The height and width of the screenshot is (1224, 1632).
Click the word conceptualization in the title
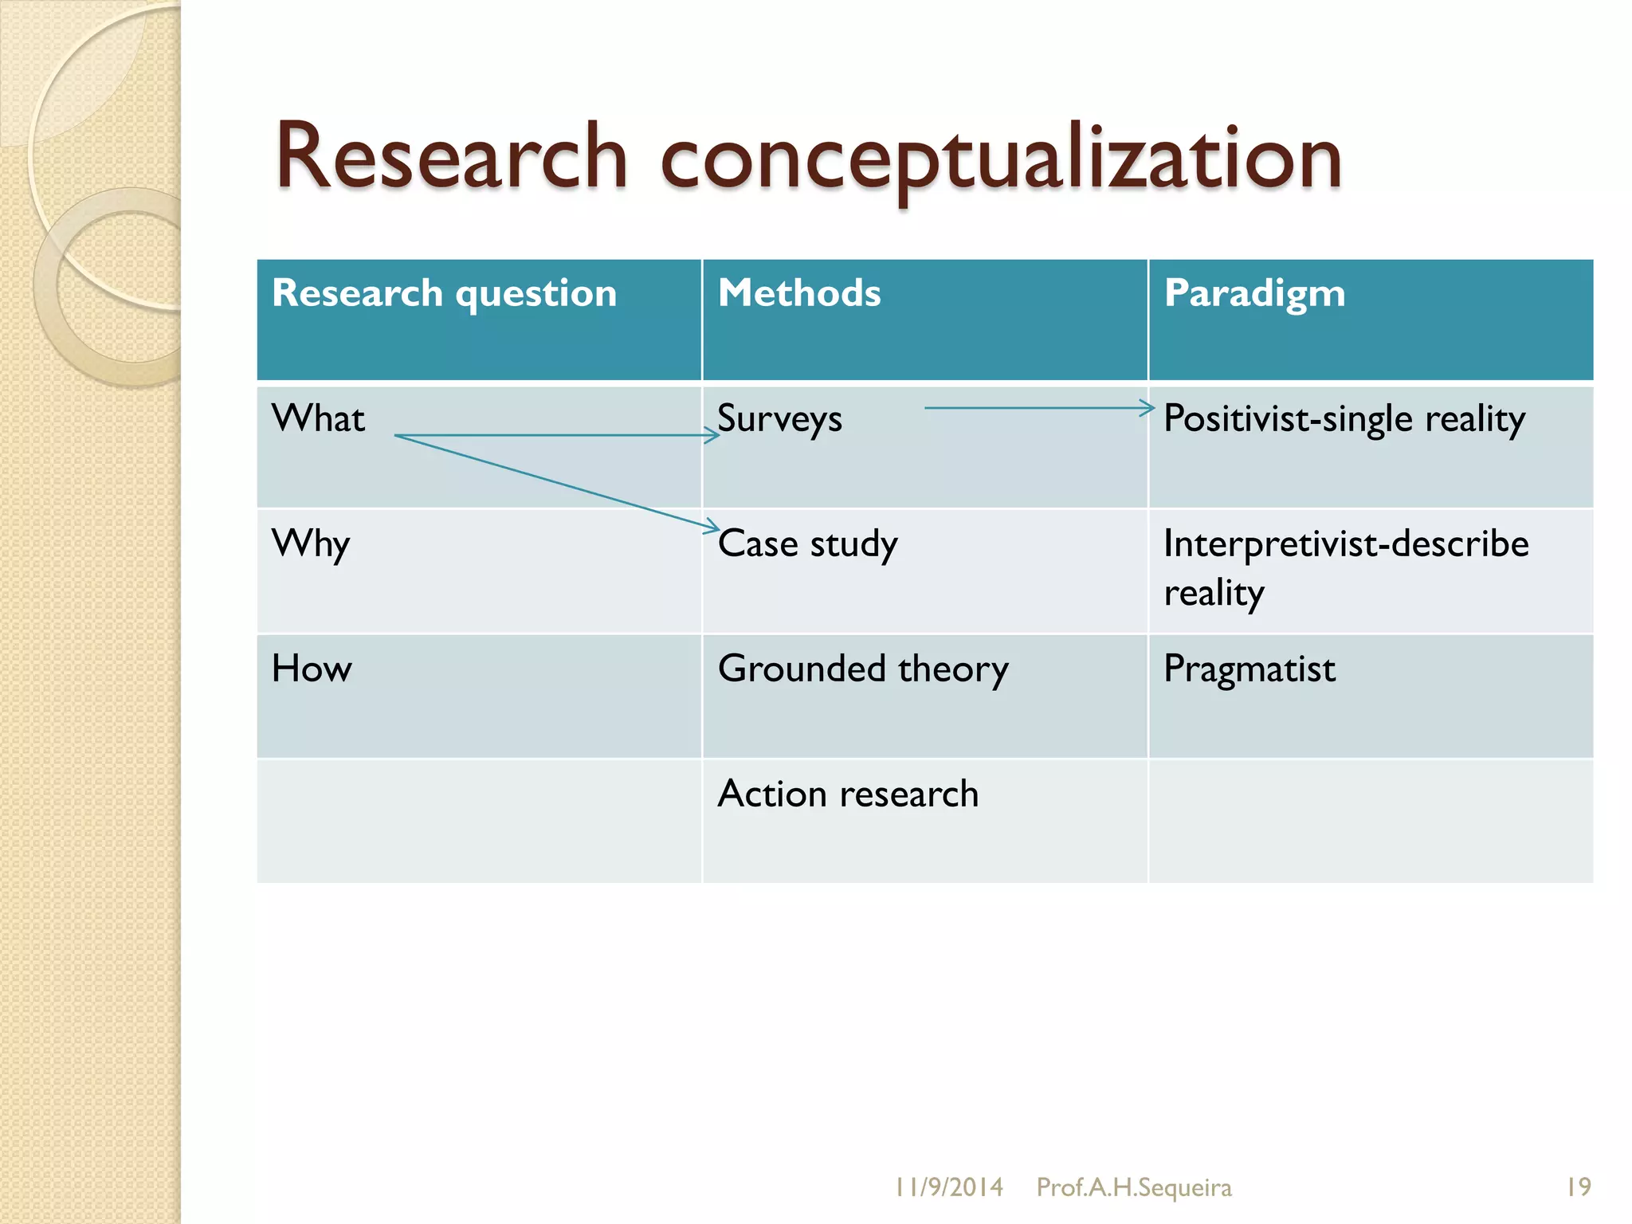tap(1001, 159)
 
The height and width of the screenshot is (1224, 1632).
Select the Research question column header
tap(444, 293)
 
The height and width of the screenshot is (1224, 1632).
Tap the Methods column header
tap(799, 293)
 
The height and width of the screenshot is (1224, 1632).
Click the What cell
tap(318, 418)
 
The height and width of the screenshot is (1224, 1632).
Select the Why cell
tap(311, 544)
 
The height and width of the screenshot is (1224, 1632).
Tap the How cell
tap(312, 669)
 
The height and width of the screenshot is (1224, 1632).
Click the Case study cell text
tap(807, 544)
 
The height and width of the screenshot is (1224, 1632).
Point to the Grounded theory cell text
tap(862, 669)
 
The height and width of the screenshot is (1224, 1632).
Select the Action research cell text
tap(848, 794)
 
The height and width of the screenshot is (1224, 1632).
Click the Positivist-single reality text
tap(1344, 419)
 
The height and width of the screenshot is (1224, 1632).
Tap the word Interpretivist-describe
tap(1346, 544)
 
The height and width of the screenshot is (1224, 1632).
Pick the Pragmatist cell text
tap(1249, 669)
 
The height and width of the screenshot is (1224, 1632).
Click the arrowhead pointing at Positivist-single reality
tap(1147, 408)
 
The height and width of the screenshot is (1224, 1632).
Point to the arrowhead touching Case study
tap(712, 526)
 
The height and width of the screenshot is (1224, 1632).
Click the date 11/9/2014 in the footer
tap(948, 1187)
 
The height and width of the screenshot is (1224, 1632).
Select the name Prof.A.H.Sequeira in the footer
tap(1133, 1187)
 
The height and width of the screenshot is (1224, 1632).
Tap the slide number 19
tap(1578, 1187)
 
